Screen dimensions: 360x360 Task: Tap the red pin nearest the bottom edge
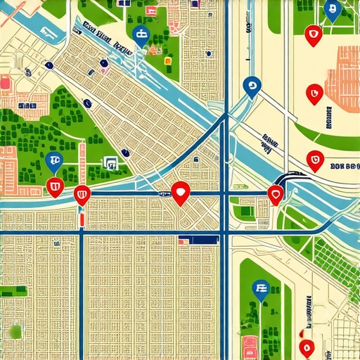[x=305, y=347]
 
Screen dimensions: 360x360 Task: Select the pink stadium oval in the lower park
[x=250, y=345]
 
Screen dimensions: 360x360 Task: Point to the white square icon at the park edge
[x=110, y=162]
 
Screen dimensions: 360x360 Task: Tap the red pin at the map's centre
[x=181, y=191]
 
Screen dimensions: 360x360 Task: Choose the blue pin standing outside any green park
[x=250, y=86]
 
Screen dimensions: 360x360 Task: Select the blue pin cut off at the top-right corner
[x=333, y=8]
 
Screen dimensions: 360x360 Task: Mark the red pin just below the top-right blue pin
[x=312, y=32]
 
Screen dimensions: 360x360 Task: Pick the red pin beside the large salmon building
[x=314, y=91]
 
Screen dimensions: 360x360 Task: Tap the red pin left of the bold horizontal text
[x=316, y=161]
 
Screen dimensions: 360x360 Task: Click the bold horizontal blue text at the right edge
[x=343, y=167]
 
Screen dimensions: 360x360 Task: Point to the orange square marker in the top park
[x=167, y=61]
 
